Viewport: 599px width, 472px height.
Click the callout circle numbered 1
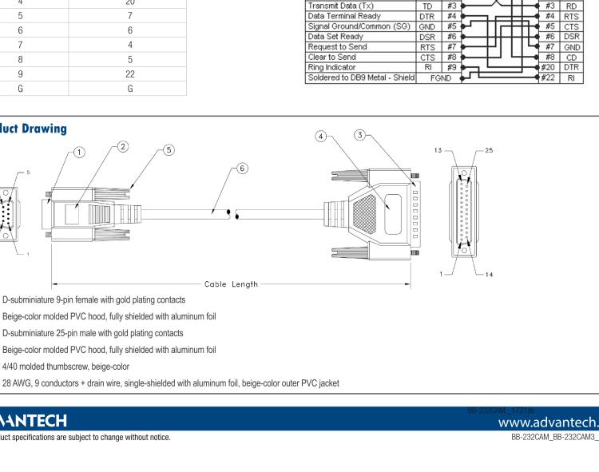[x=79, y=152]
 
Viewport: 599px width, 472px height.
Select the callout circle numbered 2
[x=123, y=146]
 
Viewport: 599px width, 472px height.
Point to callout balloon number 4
[x=321, y=137]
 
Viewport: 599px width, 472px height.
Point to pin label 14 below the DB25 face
[x=489, y=274]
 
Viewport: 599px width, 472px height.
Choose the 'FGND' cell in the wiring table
[x=441, y=78]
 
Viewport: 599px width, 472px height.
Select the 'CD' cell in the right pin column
[x=571, y=57]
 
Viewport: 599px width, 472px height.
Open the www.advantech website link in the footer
[x=548, y=421]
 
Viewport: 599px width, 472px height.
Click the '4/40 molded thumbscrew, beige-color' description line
[x=66, y=367]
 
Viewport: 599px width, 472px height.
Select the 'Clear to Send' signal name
[x=331, y=57]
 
